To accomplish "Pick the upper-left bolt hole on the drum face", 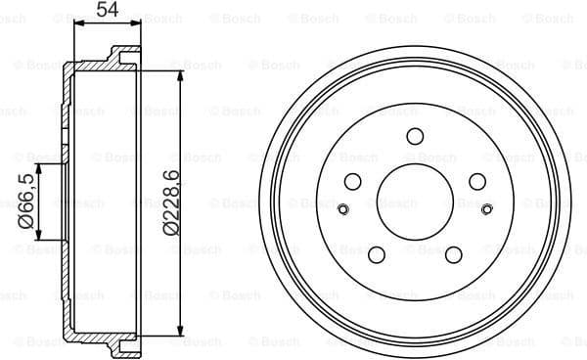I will tap(353, 181).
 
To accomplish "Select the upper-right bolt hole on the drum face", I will tap(476, 181).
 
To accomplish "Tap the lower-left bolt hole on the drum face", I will tap(376, 253).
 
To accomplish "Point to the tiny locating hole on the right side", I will tap(487, 207).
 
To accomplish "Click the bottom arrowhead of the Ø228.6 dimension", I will tap(181, 333).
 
